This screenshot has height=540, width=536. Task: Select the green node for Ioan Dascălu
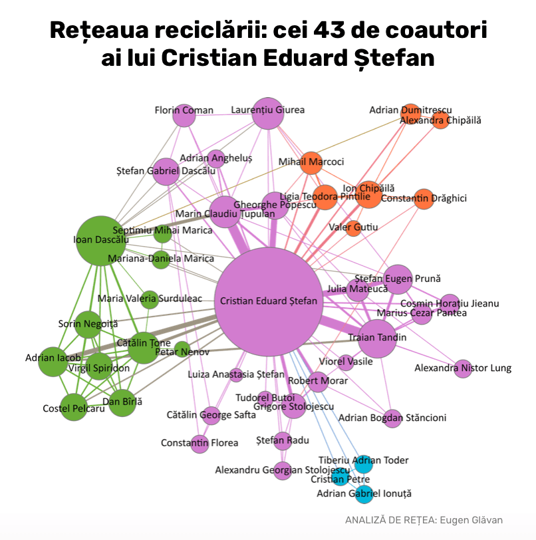pos(101,240)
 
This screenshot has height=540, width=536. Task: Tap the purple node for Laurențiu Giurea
pos(268,113)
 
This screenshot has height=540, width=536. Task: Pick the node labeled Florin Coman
pos(184,116)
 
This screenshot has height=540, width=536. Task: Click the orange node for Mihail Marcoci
pos(311,163)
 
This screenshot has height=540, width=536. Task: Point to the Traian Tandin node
pos(377,338)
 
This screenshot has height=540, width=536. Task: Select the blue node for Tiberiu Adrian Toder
pos(363,464)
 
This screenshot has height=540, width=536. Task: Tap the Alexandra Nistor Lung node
pos(463,368)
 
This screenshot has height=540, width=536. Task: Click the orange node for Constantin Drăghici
pos(424,199)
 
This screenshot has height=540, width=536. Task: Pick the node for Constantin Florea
pos(200,444)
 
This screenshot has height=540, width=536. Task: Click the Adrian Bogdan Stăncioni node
pos(392,418)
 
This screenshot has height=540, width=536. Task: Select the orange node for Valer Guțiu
pos(354,228)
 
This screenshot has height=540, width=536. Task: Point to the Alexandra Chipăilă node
pos(440,120)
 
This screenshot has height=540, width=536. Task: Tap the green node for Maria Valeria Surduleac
pos(148,299)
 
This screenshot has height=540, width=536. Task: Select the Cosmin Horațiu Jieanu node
pos(450,303)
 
